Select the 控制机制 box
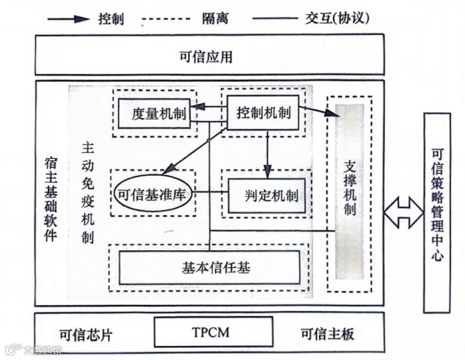(263, 114)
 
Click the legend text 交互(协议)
(349, 19)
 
